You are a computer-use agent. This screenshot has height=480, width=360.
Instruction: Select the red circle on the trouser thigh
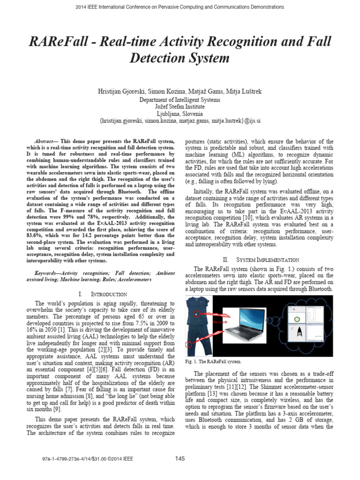190,345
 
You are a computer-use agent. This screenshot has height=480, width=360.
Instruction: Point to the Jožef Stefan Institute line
180,106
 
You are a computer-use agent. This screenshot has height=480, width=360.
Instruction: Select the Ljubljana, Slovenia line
180,113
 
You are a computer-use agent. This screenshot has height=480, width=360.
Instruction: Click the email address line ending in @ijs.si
180,120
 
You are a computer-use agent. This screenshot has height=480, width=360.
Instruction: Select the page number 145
180,458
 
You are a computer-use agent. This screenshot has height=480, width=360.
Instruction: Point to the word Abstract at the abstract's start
46,141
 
